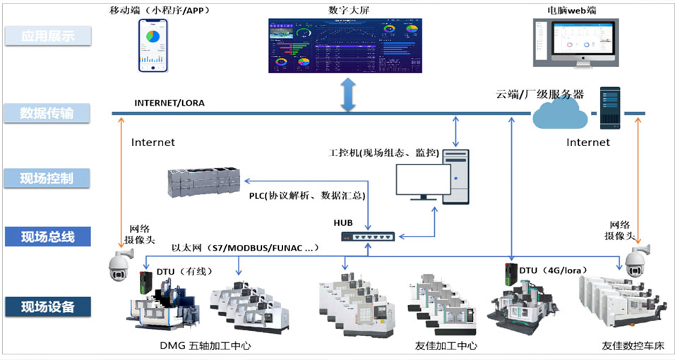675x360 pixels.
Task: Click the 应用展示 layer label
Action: pos(48,36)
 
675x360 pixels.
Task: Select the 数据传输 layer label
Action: pos(48,113)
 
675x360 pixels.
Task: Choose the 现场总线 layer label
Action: pos(48,236)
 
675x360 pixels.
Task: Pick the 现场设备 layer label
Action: pos(48,306)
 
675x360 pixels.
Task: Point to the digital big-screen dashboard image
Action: pos(345,46)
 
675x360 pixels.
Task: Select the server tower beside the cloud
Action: pos(609,108)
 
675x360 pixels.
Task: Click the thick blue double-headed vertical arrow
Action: pos(347,95)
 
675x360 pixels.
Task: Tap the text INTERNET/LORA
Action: pos(169,103)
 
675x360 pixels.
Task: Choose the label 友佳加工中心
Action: pos(446,346)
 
